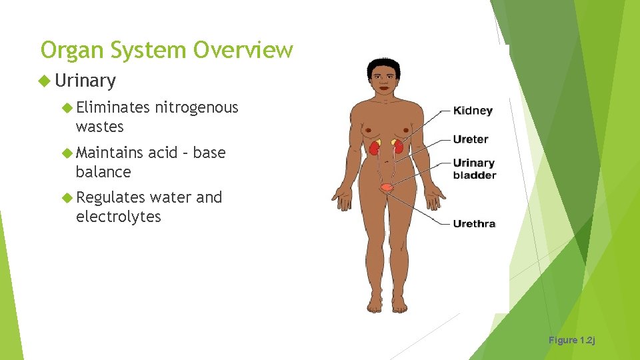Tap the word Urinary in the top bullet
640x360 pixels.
[85, 81]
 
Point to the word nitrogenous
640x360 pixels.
[197, 107]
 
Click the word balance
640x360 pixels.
[103, 172]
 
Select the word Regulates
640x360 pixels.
[111, 197]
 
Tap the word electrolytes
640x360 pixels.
[119, 217]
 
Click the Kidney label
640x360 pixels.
[473, 111]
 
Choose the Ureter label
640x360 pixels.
[471, 139]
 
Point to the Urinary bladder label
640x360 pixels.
[474, 169]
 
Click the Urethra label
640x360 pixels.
[474, 223]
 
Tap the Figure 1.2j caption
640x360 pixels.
[571, 340]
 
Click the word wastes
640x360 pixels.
[100, 127]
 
